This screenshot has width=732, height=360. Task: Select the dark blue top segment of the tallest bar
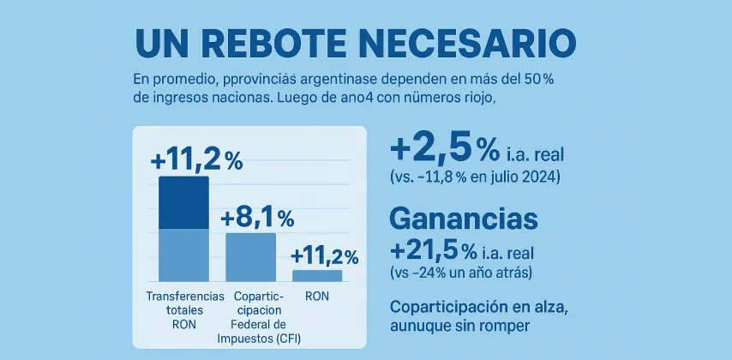click(183, 203)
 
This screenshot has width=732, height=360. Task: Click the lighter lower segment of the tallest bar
click(183, 255)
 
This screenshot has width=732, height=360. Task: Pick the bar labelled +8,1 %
click(250, 256)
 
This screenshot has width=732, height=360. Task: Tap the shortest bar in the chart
click(317, 275)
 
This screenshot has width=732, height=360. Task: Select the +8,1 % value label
click(257, 217)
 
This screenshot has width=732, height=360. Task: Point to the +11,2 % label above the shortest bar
click(324, 255)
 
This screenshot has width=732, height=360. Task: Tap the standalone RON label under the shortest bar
click(317, 296)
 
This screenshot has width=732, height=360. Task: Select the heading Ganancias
click(464, 219)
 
